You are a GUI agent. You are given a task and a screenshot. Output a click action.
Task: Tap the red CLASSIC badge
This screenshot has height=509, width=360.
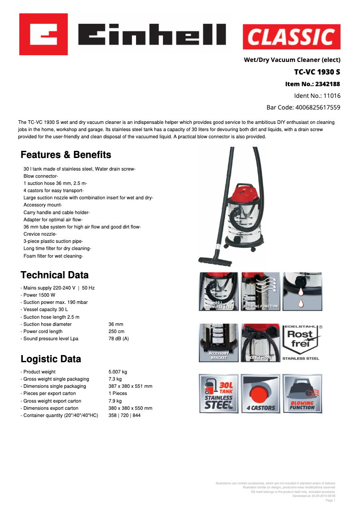pos(291,37)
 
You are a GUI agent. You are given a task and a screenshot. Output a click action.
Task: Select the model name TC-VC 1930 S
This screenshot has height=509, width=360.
pos(317,72)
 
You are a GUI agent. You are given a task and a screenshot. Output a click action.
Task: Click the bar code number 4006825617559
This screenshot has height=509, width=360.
pos(303,107)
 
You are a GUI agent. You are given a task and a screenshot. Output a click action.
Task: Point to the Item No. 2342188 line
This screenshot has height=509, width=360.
pos(312,84)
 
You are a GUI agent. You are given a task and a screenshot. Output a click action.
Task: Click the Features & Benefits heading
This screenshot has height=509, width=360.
pos(66,155)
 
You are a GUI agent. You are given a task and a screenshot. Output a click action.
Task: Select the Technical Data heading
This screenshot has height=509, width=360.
pos(55,275)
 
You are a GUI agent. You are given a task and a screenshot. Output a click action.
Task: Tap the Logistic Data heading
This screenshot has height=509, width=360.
pos(51,359)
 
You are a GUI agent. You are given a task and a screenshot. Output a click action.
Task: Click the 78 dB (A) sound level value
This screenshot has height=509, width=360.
pos(119,338)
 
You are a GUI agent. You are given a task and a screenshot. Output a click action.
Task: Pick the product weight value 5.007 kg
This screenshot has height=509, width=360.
pos(118,372)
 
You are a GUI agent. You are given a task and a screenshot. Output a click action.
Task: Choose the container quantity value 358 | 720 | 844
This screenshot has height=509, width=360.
pos(124,415)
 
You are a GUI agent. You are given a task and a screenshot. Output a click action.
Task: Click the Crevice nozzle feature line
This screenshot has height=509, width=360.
pos(40,234)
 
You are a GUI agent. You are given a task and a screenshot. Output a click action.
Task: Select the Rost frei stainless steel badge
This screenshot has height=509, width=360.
pos(300,342)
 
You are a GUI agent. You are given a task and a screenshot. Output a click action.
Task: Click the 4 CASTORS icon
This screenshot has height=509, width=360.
pos(260,394)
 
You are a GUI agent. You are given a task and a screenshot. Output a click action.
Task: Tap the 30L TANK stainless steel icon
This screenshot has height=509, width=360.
pos(219,394)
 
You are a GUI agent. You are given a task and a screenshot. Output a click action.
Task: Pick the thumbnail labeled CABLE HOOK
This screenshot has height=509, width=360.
pos(260,342)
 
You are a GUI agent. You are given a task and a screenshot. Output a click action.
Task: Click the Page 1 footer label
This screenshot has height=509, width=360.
pos(330,500)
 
